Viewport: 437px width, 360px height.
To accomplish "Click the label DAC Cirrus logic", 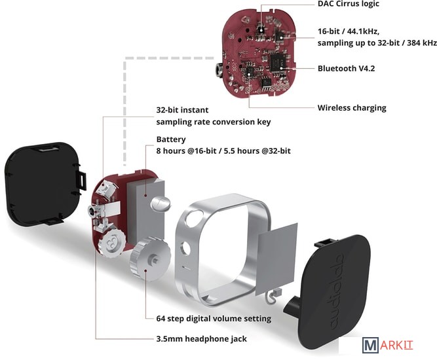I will coord(348,4).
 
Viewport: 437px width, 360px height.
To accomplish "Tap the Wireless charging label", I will coord(352,108).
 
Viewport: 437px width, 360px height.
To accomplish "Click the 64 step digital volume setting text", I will coord(208,318).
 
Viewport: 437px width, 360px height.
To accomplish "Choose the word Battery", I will coord(171,139).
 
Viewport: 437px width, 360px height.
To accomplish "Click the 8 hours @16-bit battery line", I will coord(223,151).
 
